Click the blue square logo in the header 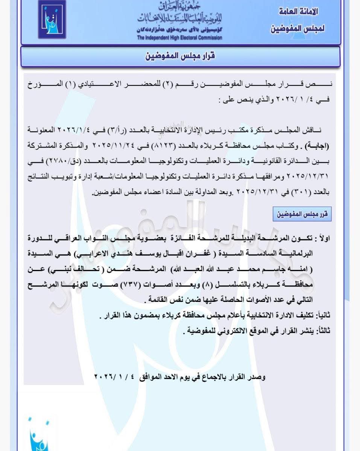(52, 19)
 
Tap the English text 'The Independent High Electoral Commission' (179, 38)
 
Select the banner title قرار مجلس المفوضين (180, 57)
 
